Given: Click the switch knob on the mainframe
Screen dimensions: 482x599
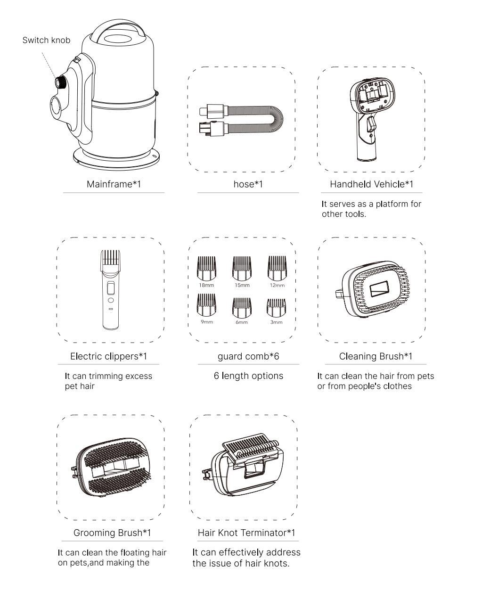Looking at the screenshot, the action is [60, 82].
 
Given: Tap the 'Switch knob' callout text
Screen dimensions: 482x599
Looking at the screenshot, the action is [46, 41].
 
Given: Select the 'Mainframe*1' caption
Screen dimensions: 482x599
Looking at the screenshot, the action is [114, 184].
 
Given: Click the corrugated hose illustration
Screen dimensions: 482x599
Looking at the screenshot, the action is [242, 119].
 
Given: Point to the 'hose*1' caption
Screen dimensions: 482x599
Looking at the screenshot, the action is [248, 184].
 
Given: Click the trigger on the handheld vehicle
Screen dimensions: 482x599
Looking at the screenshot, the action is [371, 124].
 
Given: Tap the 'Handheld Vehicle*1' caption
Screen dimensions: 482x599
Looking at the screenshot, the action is [372, 184].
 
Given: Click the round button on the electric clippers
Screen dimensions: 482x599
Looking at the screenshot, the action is [111, 300].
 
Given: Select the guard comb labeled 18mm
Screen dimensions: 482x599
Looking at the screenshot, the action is [206, 268].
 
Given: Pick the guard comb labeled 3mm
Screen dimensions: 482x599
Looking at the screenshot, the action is [277, 308].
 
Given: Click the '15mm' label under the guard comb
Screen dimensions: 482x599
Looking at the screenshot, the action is [242, 285].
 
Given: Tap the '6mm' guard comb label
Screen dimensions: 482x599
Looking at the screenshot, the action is [242, 322].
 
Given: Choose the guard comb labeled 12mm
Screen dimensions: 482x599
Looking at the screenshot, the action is [277, 268].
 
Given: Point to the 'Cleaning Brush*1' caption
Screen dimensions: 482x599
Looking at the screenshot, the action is [376, 356].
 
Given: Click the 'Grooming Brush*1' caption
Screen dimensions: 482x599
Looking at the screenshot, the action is [112, 533].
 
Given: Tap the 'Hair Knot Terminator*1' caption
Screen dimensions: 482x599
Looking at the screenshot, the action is [246, 533].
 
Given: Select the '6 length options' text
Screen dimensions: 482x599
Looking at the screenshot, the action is [248, 376].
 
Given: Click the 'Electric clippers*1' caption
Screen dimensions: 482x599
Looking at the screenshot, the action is [108, 356].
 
